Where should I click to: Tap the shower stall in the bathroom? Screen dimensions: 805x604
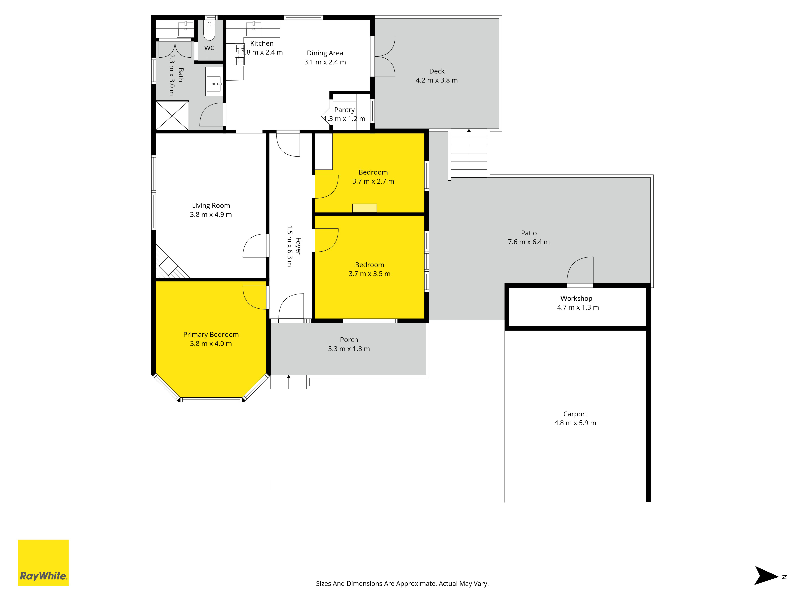click(172, 115)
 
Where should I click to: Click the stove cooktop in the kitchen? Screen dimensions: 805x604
click(240, 55)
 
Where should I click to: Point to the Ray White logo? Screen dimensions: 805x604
click(43, 563)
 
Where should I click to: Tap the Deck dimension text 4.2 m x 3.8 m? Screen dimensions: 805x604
click(437, 80)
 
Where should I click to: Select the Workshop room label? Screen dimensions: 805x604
click(576, 298)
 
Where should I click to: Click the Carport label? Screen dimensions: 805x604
click(575, 414)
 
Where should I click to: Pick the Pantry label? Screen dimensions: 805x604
click(344, 110)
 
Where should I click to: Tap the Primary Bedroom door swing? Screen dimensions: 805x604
click(255, 297)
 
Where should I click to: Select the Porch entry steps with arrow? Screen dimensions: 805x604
click(289, 382)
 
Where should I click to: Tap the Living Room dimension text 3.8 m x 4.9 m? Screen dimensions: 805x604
click(211, 214)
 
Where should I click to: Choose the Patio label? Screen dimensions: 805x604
click(528, 233)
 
